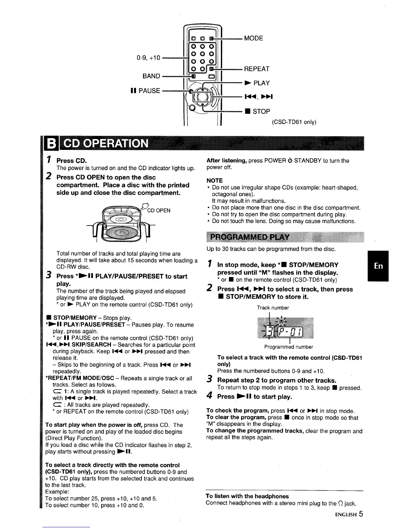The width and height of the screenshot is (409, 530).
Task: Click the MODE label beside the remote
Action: pos(253,38)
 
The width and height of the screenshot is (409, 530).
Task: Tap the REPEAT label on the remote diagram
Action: pos(257,69)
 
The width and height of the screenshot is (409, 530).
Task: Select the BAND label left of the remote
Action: pos(151,76)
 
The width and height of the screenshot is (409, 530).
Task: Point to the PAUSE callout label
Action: pos(146,91)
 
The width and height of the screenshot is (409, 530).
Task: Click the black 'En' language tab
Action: pos(379,266)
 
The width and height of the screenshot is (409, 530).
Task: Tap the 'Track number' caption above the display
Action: pos(273,307)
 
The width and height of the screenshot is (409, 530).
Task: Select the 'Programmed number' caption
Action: pos(288,347)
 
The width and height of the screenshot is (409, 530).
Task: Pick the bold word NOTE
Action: pos(215,180)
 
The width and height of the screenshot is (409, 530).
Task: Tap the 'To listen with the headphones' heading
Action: pos(247,496)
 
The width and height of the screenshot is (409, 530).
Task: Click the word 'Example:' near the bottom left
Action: pos(57,492)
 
